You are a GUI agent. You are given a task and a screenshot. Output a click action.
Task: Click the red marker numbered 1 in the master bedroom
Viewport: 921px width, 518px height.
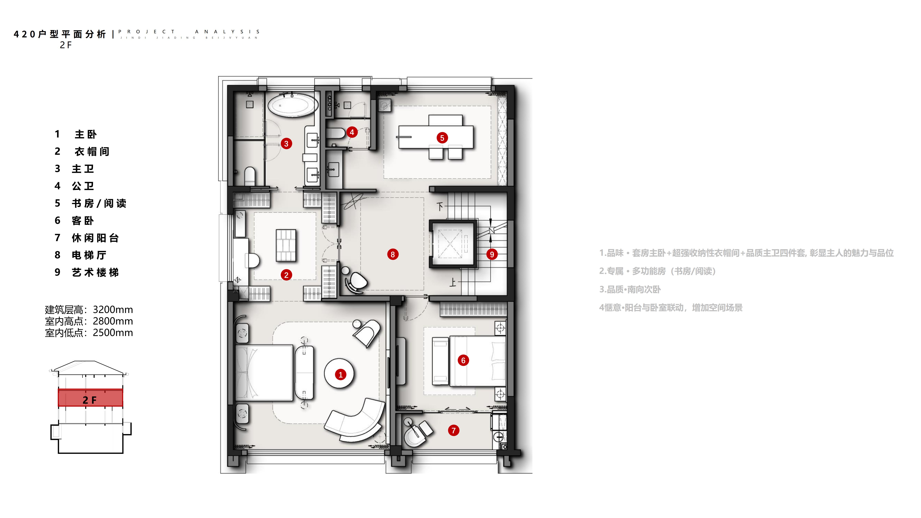[340, 375]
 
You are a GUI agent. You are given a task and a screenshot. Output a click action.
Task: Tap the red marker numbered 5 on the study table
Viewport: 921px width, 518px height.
[442, 138]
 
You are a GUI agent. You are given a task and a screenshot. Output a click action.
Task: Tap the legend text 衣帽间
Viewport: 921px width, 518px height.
[92, 152]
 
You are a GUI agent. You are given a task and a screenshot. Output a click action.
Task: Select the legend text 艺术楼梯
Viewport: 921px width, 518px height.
[95, 272]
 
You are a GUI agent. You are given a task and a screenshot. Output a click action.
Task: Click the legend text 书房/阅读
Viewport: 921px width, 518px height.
[99, 203]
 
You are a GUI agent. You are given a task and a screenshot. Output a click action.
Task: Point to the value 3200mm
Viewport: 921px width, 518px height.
[113, 310]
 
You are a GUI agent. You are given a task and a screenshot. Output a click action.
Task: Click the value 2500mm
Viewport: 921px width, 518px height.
[113, 333]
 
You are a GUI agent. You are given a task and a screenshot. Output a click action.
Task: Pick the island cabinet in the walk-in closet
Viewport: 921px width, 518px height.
[286, 245]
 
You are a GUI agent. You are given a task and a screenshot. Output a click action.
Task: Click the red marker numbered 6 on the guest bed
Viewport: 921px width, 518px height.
[463, 360]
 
